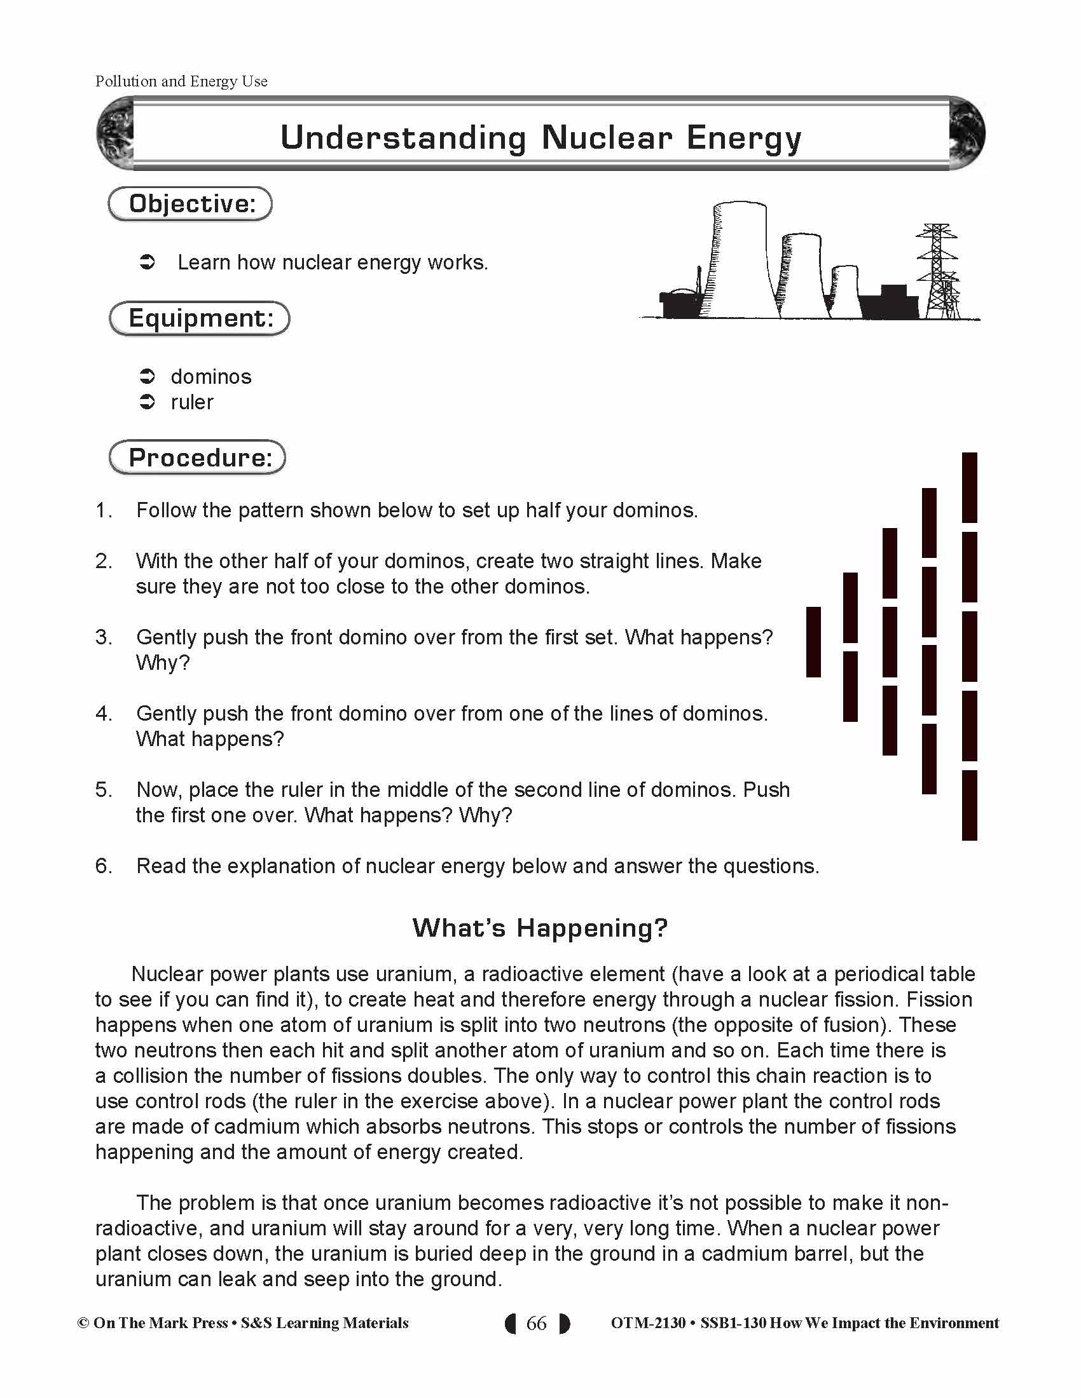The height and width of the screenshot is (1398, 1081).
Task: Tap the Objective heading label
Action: click(x=191, y=204)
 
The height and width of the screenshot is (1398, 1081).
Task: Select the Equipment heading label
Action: click(x=200, y=318)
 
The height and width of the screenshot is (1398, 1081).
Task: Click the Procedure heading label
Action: click(x=198, y=458)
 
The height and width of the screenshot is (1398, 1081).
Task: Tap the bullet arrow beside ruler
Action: click(x=148, y=402)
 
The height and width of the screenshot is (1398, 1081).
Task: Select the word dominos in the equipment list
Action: click(x=210, y=376)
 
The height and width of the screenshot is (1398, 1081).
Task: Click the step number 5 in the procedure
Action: click(x=102, y=789)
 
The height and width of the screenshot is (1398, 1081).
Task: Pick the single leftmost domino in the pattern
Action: click(x=813, y=642)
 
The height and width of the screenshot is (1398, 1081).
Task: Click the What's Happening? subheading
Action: click(x=540, y=928)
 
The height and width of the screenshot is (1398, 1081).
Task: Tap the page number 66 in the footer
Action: click(x=537, y=1323)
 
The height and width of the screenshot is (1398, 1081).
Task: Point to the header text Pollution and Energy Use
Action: click(x=181, y=81)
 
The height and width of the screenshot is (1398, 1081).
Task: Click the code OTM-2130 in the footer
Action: click(x=648, y=1323)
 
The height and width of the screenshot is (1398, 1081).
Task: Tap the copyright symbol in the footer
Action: click(x=83, y=1323)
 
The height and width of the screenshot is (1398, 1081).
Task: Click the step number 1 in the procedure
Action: click(x=102, y=510)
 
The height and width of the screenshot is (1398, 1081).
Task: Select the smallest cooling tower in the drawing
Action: click(x=845, y=291)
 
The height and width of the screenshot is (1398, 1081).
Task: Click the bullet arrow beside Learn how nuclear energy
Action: click(x=148, y=262)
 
